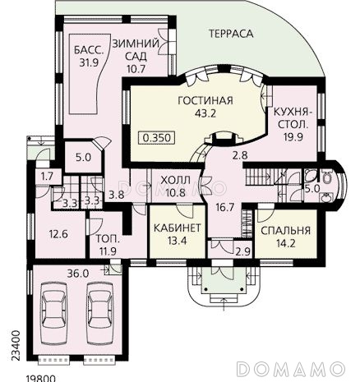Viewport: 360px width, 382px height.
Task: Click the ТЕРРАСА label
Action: tap(231, 34)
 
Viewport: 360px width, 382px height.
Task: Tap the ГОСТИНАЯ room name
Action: tap(205, 100)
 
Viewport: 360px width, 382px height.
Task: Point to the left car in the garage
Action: tap(53, 314)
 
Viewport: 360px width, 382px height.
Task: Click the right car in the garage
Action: tap(99, 314)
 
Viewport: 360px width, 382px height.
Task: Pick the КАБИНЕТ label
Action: tap(178, 228)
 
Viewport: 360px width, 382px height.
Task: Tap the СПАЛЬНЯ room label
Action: tap(286, 231)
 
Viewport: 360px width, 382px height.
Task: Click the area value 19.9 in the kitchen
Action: tap(293, 137)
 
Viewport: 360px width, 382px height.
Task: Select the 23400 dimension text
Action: tap(16, 346)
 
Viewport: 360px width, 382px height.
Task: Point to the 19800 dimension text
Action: tap(41, 379)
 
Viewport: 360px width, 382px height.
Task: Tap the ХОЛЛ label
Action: tap(175, 181)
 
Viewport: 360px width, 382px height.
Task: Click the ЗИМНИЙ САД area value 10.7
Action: tap(136, 69)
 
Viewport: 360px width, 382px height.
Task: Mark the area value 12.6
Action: tap(58, 234)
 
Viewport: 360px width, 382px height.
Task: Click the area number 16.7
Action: tap(224, 207)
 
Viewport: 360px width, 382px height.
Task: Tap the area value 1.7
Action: tap(48, 177)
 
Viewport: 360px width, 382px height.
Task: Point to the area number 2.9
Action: tap(244, 251)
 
